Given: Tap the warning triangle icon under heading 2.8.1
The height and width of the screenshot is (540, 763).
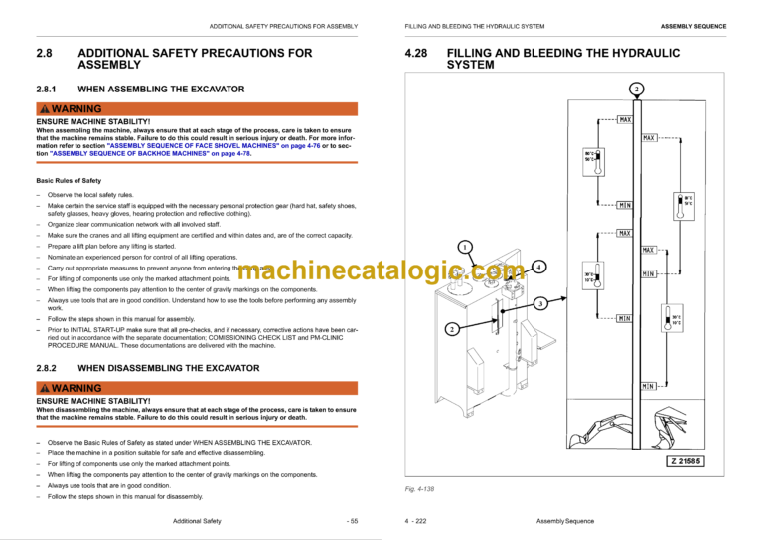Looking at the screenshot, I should tap(44, 108).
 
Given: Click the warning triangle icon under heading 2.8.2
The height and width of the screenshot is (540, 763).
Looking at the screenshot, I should tap(44, 387).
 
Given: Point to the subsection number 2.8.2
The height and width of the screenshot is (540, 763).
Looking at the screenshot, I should tap(51, 368).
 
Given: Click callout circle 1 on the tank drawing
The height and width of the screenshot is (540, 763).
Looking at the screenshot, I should tap(465, 246).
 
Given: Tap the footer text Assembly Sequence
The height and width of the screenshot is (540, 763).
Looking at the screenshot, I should tap(564, 520).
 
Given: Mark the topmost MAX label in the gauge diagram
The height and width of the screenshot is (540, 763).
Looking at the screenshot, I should tap(625, 120).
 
